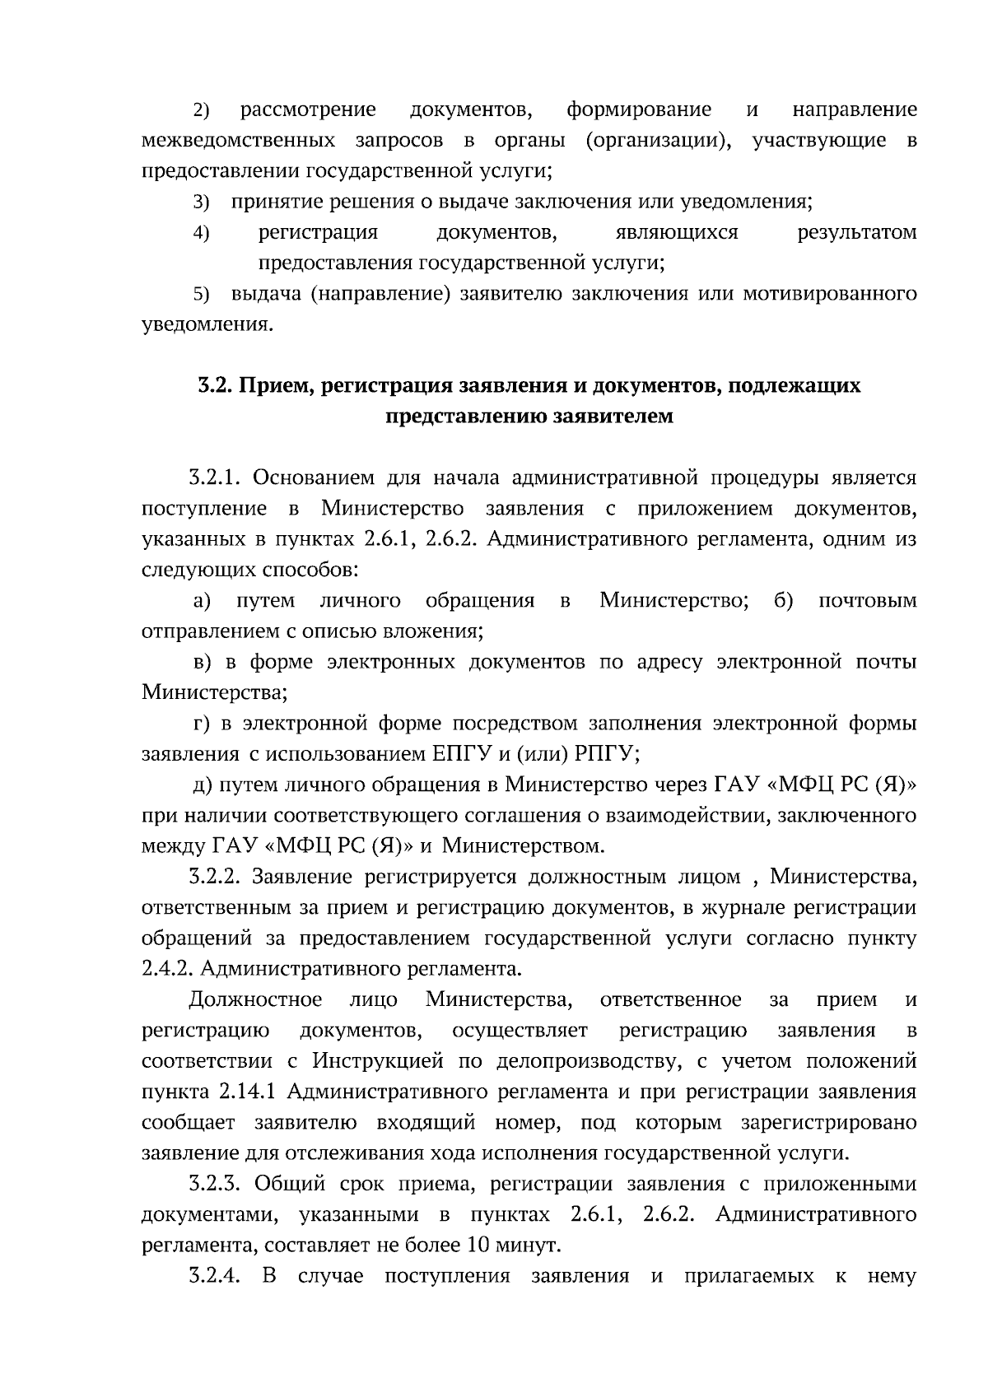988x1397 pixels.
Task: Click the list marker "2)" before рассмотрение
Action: [x=202, y=110]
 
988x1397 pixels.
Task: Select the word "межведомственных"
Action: [x=238, y=141]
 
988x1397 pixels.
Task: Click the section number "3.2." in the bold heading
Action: [x=215, y=385]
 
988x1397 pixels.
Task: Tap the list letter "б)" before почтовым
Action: [x=784, y=601]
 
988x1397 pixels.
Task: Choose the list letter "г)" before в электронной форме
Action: [x=202, y=724]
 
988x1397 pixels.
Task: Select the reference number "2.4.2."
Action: [x=167, y=969]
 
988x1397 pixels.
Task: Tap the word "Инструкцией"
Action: [x=379, y=1061]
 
